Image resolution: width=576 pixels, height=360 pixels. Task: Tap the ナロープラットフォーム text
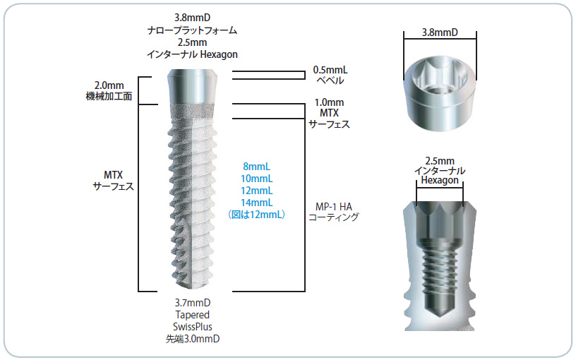click(191, 30)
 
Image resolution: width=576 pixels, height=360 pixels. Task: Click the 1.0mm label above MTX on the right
click(330, 103)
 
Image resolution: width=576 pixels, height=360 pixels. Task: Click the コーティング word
click(333, 218)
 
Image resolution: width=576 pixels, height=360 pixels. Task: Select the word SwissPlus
click(193, 327)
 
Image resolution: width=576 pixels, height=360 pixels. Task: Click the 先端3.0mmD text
click(193, 339)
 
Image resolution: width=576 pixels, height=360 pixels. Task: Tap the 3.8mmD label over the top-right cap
click(440, 32)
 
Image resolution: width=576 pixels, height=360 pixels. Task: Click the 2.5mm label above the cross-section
click(439, 161)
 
